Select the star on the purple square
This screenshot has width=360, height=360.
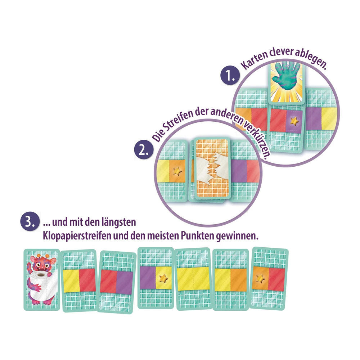coord(295,121)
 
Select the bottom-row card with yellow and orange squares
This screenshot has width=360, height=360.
coord(230,280)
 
